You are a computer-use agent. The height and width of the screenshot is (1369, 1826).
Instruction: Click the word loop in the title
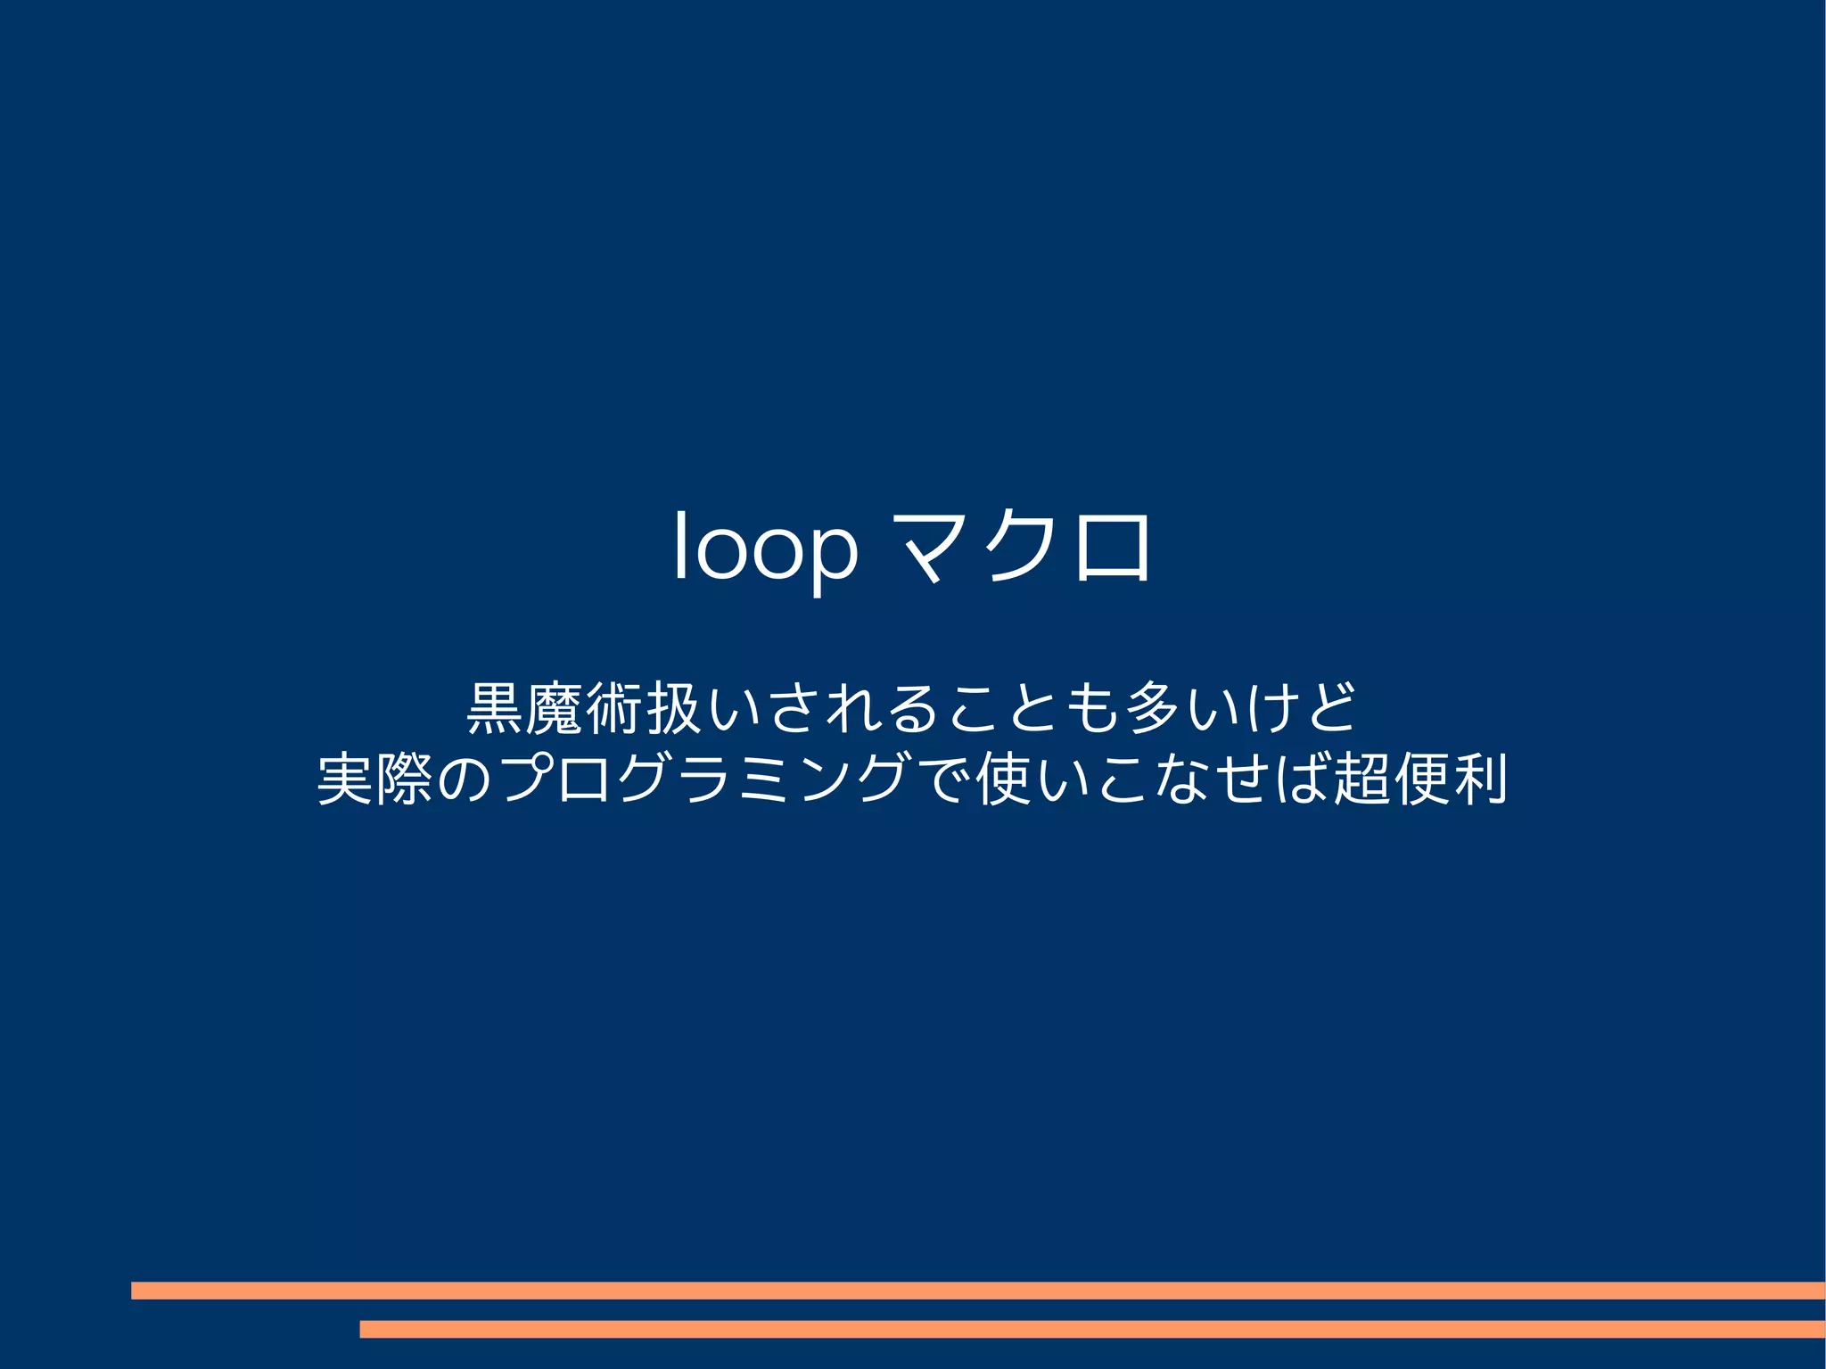coord(765,548)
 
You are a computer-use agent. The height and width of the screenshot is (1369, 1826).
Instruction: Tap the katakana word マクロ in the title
coord(1024,548)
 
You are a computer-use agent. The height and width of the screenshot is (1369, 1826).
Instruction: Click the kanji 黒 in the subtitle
coord(495,707)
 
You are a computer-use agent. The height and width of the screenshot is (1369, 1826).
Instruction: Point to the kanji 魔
coord(555,707)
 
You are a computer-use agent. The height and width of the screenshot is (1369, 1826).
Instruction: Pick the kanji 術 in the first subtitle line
coord(615,707)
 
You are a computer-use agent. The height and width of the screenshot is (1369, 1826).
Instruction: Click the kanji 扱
coord(675,707)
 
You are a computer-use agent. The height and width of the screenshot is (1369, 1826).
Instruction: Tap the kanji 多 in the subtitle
coord(1154,707)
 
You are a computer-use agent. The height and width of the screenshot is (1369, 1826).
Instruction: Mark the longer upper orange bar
coord(978,1291)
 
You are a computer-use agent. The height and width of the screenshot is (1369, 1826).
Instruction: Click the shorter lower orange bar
coord(1092,1329)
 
